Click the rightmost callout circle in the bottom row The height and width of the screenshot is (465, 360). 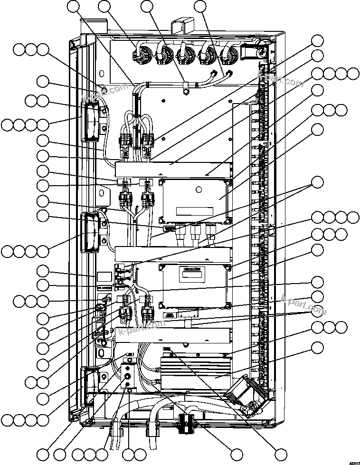coord(281,453)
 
